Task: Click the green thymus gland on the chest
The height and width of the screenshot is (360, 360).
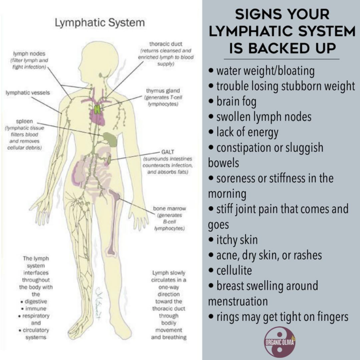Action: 97,108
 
